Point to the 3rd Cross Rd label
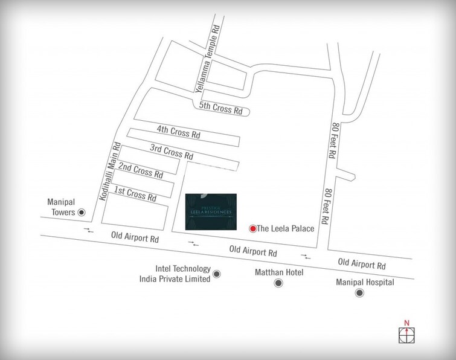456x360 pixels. [172, 151]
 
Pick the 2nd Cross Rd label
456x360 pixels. [141, 170]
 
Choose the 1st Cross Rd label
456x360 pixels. [135, 192]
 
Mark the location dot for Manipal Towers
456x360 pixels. [82, 213]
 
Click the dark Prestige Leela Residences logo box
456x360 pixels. [211, 211]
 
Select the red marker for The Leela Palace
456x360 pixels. [252, 228]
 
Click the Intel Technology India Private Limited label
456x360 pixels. [174, 274]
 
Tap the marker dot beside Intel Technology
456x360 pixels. [217, 274]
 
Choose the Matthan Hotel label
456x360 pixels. [277, 273]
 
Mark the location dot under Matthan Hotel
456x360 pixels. [277, 283]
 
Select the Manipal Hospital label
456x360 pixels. [365, 282]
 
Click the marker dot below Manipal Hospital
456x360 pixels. [361, 294]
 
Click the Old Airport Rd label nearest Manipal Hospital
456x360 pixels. [362, 264]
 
